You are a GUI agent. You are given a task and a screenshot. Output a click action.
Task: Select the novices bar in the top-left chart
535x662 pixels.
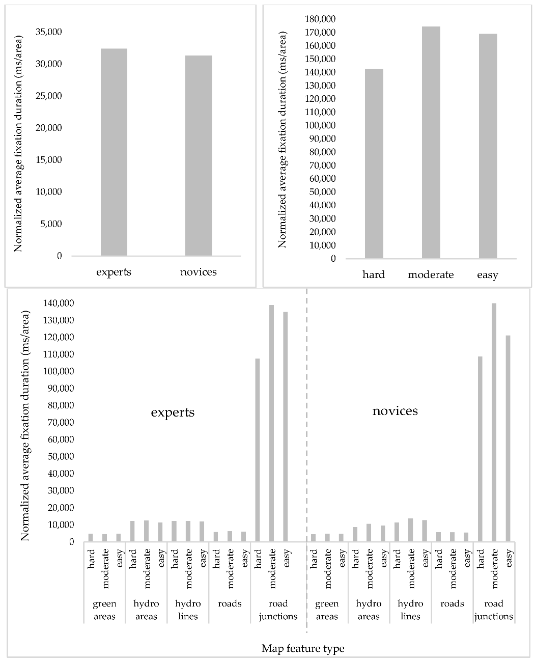(x=199, y=155)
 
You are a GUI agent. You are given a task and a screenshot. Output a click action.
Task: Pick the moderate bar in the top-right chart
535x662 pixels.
(x=431, y=143)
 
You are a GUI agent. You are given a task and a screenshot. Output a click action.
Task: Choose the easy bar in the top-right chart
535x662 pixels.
(x=488, y=146)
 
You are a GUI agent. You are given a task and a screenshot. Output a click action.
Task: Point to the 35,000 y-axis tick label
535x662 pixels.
(x=48, y=32)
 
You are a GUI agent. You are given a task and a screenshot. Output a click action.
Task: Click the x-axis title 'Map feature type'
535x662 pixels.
(x=303, y=648)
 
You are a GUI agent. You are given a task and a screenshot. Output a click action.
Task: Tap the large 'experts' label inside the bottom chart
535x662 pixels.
(x=173, y=412)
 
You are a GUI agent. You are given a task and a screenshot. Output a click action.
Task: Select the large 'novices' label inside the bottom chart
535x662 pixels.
(x=395, y=410)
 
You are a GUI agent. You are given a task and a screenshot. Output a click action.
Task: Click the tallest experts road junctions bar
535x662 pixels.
(x=271, y=423)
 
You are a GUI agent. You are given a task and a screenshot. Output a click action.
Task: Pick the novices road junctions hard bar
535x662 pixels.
(x=480, y=449)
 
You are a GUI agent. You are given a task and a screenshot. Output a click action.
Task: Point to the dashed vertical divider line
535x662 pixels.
(x=306, y=458)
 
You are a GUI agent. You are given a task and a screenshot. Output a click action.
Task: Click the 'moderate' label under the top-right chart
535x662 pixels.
(x=431, y=275)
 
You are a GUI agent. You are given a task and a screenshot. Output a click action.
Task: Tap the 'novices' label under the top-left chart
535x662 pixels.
(x=199, y=272)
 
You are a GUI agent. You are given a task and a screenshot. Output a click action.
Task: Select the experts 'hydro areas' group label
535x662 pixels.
(x=146, y=610)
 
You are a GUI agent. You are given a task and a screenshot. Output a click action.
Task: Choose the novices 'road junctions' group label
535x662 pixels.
(x=493, y=610)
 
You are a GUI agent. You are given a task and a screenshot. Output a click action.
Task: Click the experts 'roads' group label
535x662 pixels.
(x=230, y=604)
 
